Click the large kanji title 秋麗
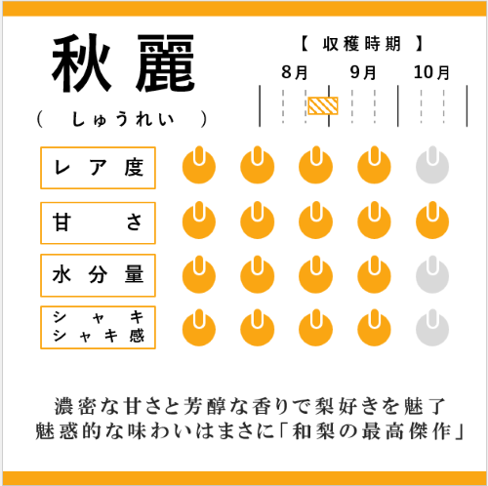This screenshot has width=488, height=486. pos(123,63)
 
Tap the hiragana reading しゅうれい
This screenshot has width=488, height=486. pos(123,119)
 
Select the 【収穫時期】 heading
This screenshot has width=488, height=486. pos(361,44)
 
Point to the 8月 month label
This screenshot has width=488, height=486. pos(295,72)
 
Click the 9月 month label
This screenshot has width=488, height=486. pos(363,72)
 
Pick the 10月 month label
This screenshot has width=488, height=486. pos(431,72)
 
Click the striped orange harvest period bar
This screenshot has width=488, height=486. pos(323,105)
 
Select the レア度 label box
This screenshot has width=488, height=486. pos(98,168)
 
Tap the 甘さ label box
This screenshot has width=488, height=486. pos(98,223)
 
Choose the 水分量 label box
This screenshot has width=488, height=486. pos(98,275)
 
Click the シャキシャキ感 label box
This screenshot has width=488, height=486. pos(98,327)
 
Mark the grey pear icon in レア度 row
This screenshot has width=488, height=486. pos(432,165)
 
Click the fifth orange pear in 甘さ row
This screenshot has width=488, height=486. pos(432,221)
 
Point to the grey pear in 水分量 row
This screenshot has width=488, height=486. pos(432,274)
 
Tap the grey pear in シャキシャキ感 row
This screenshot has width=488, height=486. pos(432,328)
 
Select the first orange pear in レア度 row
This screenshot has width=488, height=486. pos(199,165)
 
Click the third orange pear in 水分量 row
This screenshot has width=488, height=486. pos(315,274)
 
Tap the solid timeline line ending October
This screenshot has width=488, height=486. pos(467,106)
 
